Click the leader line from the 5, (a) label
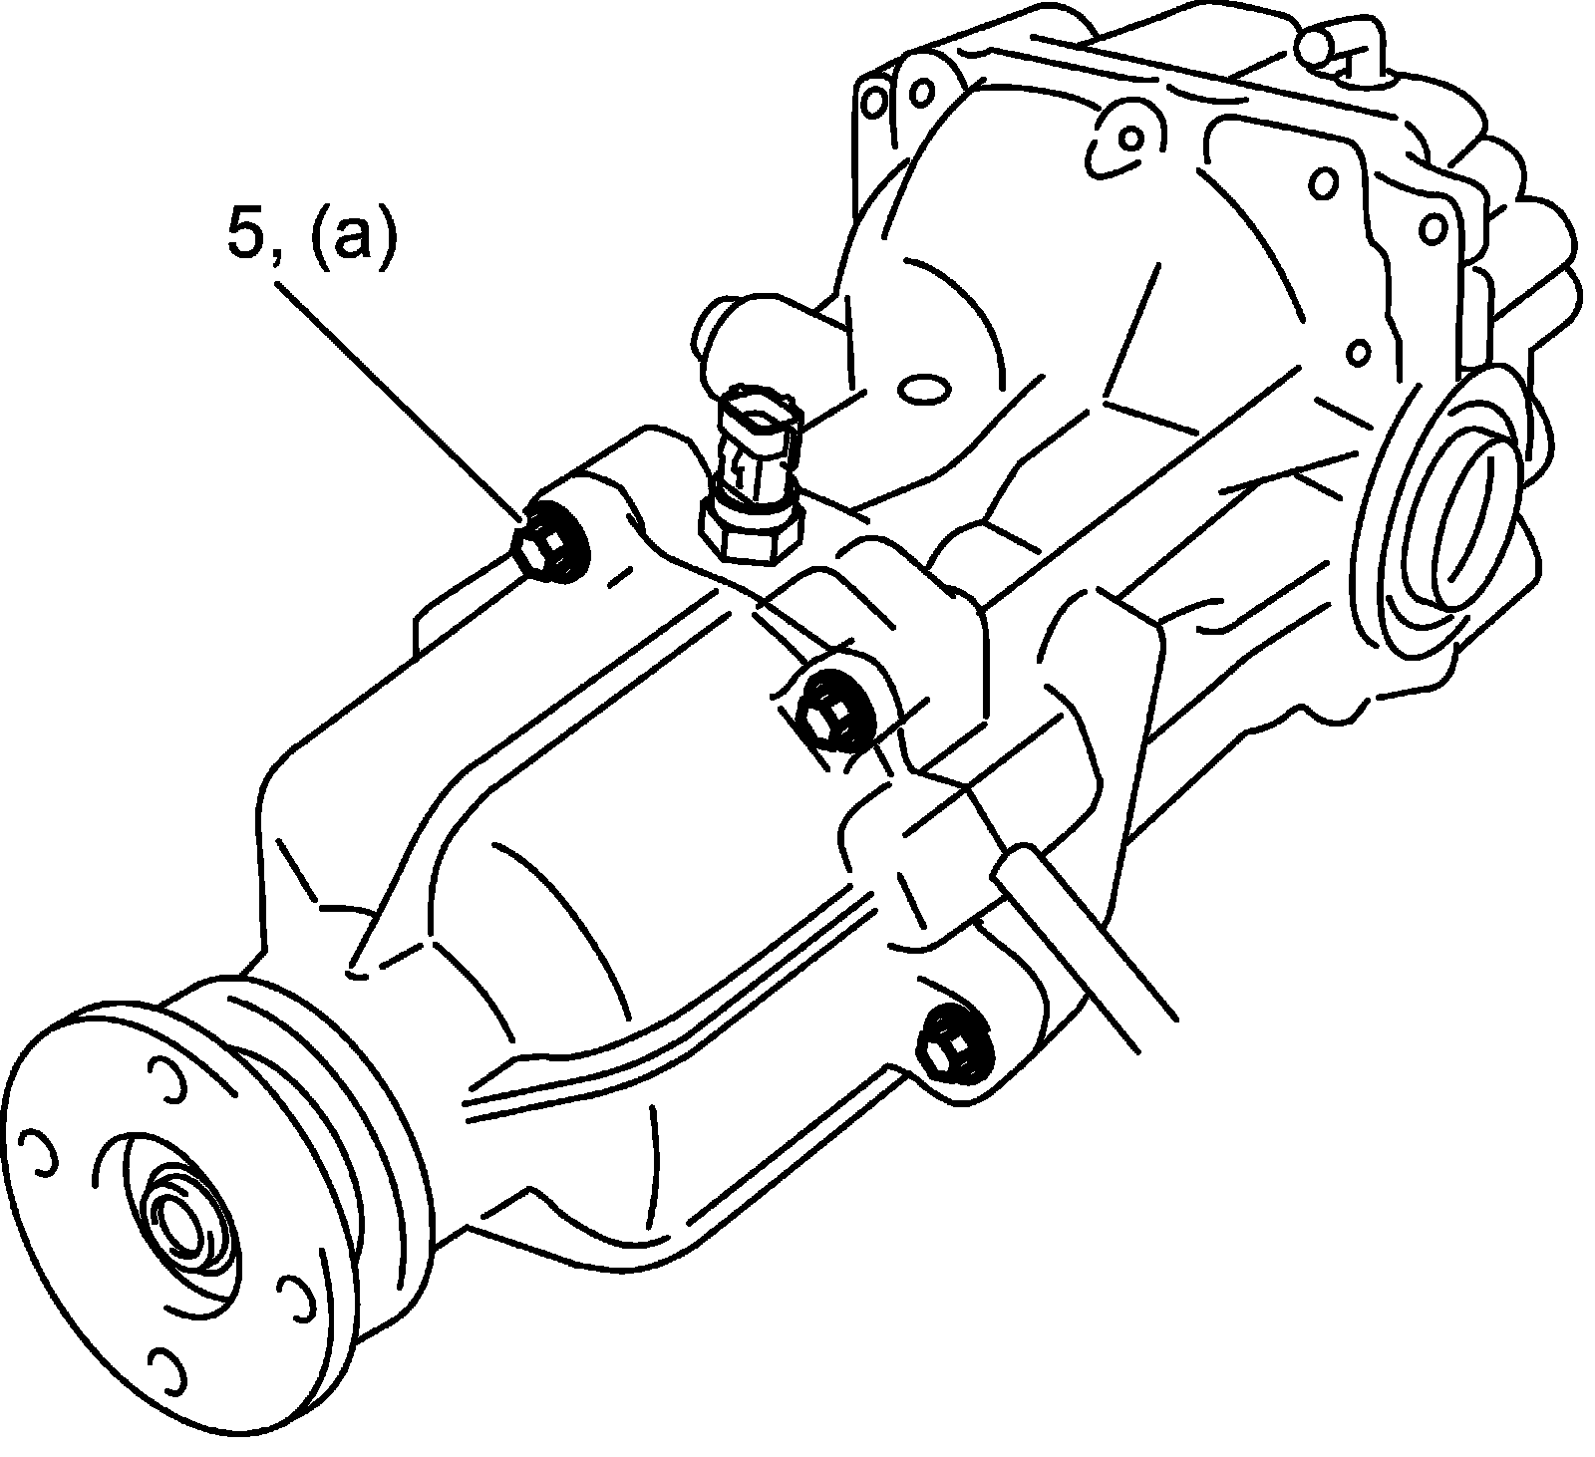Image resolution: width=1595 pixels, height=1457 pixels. click(x=399, y=399)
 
